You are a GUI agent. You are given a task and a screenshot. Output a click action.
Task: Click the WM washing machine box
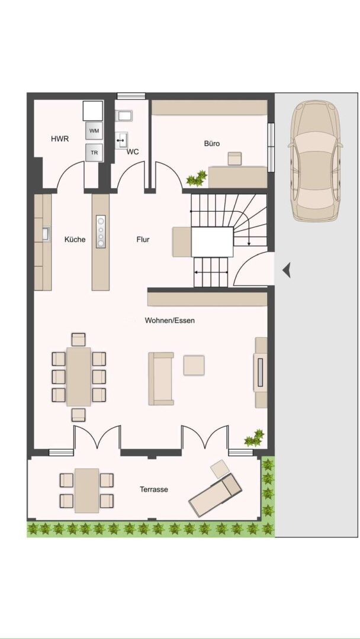pyautogui.click(x=94, y=130)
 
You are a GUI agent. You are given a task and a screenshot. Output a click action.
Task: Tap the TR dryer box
pyautogui.click(x=94, y=152)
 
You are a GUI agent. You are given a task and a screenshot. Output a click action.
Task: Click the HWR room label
pyautogui.click(x=60, y=139)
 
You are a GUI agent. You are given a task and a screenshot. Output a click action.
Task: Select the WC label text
pyautogui.click(x=133, y=152)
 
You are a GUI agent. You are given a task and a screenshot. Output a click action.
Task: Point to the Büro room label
pyautogui.click(x=212, y=143)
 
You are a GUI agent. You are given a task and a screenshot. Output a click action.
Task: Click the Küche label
pyautogui.click(x=75, y=240)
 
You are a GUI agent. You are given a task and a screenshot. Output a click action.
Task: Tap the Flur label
pyautogui.click(x=143, y=240)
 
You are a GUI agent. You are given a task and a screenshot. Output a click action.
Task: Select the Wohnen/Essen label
pyautogui.click(x=169, y=320)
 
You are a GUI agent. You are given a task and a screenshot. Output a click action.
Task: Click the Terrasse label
pyautogui.click(x=154, y=489)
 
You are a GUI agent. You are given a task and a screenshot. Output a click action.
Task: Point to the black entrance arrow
pyautogui.click(x=286, y=271)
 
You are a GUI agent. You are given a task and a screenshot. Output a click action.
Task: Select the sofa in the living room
pyautogui.click(x=161, y=379)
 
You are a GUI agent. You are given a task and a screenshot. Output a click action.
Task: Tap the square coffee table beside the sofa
pyautogui.click(x=194, y=365)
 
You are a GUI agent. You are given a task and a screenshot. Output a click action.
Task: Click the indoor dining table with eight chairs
pyautogui.click(x=78, y=376)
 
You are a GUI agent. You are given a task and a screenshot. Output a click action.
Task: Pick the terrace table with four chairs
pyautogui.click(x=86, y=490)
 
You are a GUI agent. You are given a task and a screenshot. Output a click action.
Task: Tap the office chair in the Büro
pyautogui.click(x=234, y=158)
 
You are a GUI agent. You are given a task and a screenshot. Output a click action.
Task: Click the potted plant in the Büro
pyautogui.click(x=196, y=177)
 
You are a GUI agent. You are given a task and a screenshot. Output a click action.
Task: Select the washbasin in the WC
pyautogui.click(x=123, y=140)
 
